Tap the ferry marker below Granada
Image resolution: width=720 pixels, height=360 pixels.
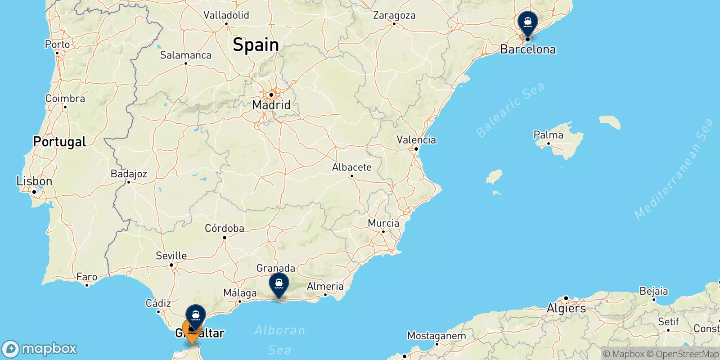click(279, 284)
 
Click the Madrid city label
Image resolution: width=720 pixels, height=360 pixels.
click(271, 105)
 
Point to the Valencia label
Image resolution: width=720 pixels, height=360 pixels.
click(416, 140)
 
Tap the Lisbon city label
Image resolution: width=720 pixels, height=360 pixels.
click(34, 181)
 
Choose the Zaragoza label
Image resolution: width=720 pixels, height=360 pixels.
click(394, 15)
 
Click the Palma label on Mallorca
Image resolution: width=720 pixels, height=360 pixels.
click(548, 135)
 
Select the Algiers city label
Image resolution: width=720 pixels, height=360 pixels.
click(566, 309)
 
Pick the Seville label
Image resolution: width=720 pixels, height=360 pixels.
click(171, 256)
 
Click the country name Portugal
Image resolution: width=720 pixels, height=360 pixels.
click(59, 142)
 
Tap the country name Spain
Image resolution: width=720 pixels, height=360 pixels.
click(256, 45)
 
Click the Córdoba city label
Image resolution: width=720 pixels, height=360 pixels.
click(224, 228)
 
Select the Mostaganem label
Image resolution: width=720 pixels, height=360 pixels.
click(436, 336)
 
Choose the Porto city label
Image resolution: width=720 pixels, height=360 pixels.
click(57, 44)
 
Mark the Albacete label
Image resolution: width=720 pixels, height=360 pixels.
click(351, 167)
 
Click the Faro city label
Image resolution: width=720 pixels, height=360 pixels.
click(86, 277)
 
